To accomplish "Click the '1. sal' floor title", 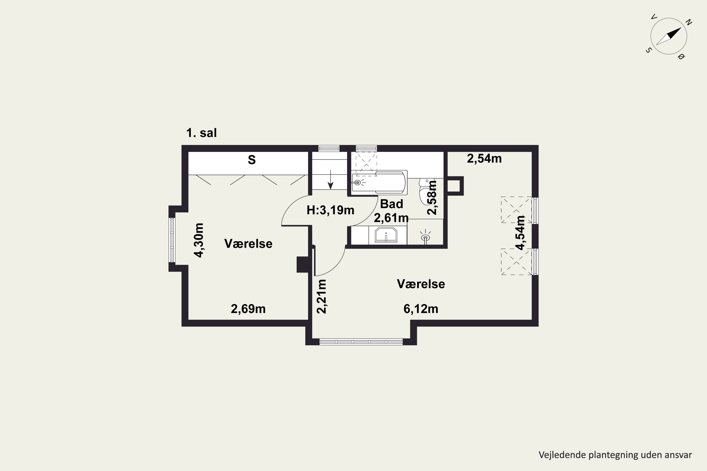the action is [201, 133].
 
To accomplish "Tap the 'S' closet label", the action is [252, 160].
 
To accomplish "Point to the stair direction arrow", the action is [331, 180].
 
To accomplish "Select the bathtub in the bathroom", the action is [379, 182].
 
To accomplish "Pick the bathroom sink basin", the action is [386, 235].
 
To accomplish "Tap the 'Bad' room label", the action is [391, 204].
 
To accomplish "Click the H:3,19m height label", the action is [330, 210].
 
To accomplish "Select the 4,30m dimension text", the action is [199, 240].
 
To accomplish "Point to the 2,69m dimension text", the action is [248, 309].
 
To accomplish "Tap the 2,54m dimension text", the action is [484, 158].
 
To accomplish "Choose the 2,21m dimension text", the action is [322, 296].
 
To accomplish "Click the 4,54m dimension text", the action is [520, 233].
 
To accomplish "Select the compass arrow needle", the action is [669, 36].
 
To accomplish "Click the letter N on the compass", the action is [689, 22].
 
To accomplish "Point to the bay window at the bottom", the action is [361, 341].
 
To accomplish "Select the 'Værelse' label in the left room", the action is [248, 244].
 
